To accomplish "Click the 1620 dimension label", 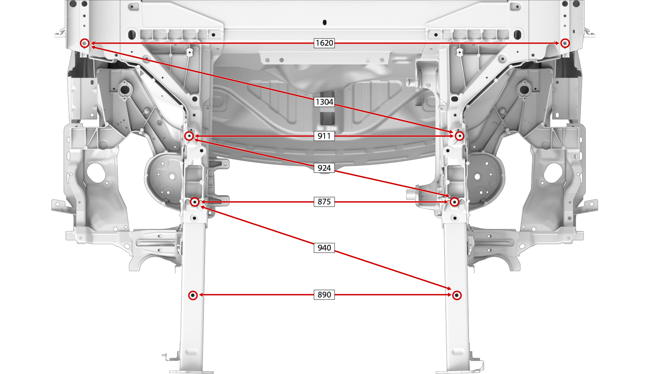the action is point(324,43).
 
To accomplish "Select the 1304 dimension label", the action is point(324,102).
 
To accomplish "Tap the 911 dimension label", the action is point(324,136).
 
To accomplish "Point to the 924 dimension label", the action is point(324,168).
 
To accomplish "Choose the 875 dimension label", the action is point(324,202).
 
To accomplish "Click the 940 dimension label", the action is point(324,248).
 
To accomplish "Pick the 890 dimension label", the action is point(324,295).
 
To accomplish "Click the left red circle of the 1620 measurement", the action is point(84,43).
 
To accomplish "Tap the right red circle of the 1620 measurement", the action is point(565,43).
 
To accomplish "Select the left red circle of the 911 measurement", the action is point(189,136).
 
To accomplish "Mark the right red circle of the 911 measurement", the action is point(459,136).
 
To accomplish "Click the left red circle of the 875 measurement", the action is point(195,202).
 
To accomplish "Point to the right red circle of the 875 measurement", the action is point(454,202).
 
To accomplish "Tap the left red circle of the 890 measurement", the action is point(193,295).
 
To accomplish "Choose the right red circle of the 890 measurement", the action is point(457,295).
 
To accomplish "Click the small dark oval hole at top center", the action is point(325,22).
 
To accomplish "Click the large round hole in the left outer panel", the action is point(96,173).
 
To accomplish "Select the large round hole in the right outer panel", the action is point(553,173).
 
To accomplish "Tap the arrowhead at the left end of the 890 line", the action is point(201,295).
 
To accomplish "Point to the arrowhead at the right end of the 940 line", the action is point(449,288).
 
